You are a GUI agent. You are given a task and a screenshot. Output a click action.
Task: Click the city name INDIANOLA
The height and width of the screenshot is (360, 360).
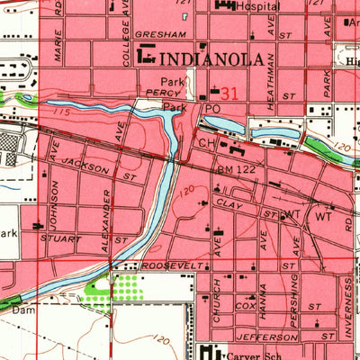(212, 60)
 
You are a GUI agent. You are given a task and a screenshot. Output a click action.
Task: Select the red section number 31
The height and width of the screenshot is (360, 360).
(229, 93)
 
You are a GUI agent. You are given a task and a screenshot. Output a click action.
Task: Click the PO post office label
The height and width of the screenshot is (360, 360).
(213, 108)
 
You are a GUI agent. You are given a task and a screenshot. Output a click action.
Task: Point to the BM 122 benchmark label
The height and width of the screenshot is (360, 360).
(237, 168)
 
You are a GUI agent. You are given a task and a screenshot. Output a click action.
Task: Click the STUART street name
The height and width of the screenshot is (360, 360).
(60, 239)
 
